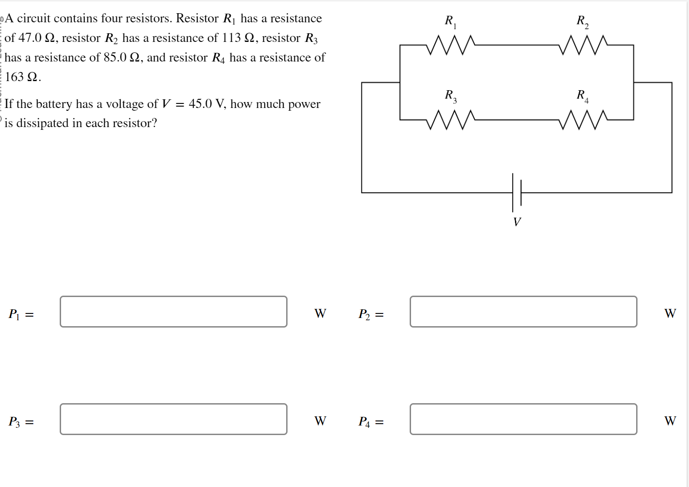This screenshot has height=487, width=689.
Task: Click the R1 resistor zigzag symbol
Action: tap(451, 45)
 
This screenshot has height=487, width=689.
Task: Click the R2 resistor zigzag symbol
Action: tap(583, 45)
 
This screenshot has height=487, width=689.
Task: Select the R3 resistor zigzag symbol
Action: tap(451, 119)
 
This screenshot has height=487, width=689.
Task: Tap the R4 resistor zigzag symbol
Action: tap(583, 119)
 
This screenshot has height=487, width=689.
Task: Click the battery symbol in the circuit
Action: tap(517, 192)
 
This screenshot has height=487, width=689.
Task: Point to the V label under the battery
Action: tap(517, 222)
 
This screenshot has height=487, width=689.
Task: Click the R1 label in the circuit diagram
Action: tap(450, 21)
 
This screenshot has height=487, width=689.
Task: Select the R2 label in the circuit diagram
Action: tap(582, 21)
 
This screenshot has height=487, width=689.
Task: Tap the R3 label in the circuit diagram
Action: tap(451, 96)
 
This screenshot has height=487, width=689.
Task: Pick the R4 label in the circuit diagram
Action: tap(582, 96)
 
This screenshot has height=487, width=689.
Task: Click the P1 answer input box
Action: tap(173, 312)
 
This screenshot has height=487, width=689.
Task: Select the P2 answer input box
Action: tap(523, 312)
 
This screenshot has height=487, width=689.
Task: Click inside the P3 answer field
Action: tap(173, 419)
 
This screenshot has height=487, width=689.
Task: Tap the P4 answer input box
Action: tap(523, 419)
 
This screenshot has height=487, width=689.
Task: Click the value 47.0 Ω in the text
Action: tap(37, 38)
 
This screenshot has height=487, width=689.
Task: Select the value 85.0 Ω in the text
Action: tap(121, 57)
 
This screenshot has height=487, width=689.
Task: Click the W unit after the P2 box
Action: tap(670, 313)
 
